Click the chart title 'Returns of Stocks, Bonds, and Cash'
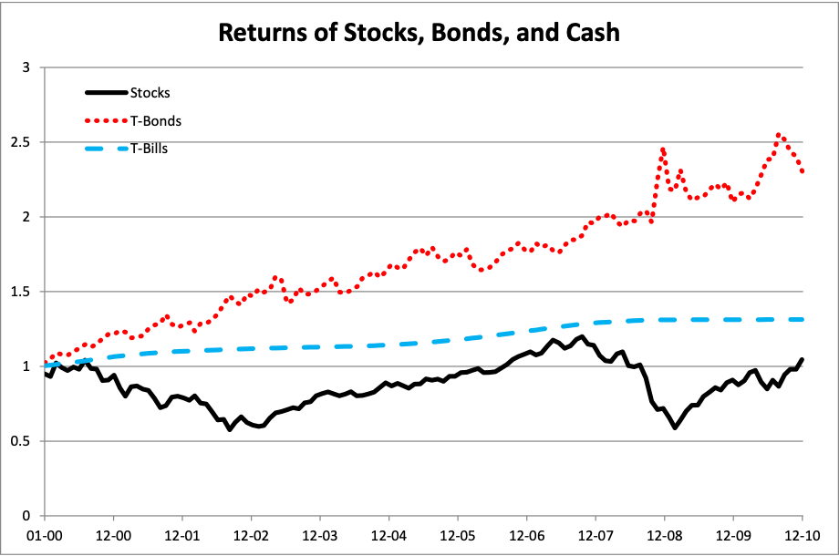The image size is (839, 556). [x=419, y=34]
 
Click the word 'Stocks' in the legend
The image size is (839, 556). [x=150, y=92]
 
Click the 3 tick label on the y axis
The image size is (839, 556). [x=26, y=67]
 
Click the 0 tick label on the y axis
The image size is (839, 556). [x=26, y=516]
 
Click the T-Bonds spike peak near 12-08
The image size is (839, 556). [x=663, y=149]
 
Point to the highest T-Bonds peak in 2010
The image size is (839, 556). [x=779, y=135]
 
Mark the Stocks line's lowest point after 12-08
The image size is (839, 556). [x=675, y=427]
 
